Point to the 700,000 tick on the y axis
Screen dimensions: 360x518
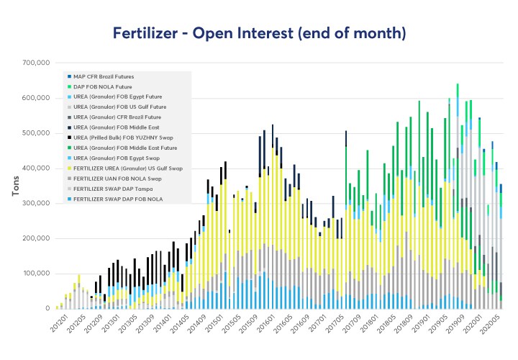point(33,63)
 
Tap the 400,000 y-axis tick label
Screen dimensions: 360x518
point(33,168)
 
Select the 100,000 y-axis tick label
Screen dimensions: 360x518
point(33,274)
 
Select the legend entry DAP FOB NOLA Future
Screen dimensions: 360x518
point(105,86)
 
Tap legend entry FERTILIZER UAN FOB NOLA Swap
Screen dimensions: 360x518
point(119,177)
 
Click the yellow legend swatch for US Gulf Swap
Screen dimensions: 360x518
point(69,167)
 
